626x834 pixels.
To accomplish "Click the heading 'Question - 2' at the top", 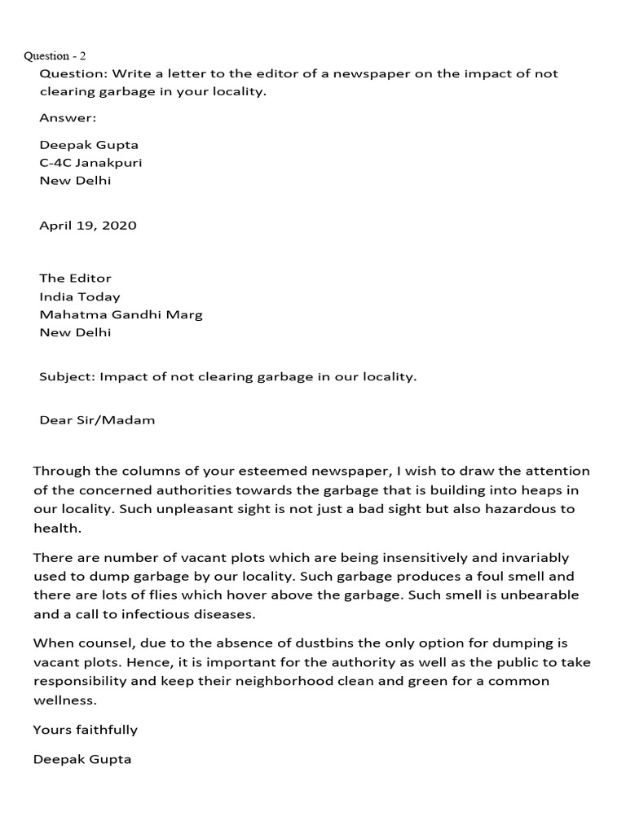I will point(55,56).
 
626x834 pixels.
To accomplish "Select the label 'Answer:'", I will point(68,118).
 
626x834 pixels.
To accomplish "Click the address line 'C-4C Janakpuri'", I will point(90,163).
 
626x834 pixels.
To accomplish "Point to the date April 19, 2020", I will point(88,226).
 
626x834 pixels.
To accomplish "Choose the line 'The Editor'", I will point(75,279).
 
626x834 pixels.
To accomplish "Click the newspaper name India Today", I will point(80,296).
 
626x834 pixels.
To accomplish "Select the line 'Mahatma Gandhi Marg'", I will point(121,314).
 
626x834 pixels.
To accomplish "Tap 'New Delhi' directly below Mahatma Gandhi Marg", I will point(75,332).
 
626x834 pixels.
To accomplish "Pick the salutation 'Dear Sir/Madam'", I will point(97,420).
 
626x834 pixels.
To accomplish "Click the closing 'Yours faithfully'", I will point(86,730).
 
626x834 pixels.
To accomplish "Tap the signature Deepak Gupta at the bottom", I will point(82,759).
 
